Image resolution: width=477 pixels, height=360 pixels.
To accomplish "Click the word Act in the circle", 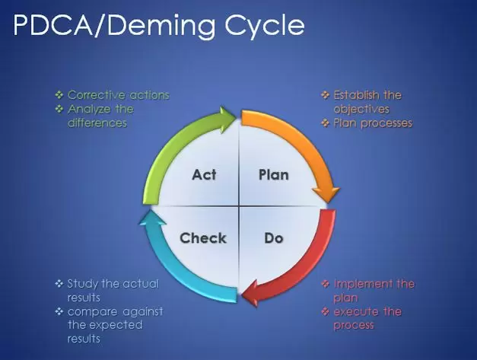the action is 204,175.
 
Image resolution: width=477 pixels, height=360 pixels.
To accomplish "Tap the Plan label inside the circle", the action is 273,175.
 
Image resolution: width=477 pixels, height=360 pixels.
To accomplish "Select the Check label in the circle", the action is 203,238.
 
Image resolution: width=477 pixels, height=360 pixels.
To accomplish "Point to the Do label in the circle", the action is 274,238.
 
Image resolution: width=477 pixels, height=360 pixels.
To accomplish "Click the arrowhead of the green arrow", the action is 228,119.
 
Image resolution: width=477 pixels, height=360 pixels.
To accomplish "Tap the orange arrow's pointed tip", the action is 328,202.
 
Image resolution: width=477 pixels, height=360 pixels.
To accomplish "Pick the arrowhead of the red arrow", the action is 250,293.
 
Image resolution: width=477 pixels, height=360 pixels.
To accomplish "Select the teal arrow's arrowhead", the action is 152,218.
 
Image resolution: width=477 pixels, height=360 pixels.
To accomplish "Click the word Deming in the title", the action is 162,26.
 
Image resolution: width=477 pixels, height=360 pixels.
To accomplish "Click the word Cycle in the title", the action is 264,26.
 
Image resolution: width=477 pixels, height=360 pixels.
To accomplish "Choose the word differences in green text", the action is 97,123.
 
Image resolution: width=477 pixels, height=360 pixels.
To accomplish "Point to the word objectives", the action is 361,110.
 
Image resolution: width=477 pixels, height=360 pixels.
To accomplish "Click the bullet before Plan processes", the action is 325,123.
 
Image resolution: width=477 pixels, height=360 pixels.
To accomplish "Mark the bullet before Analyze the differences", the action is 59,109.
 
